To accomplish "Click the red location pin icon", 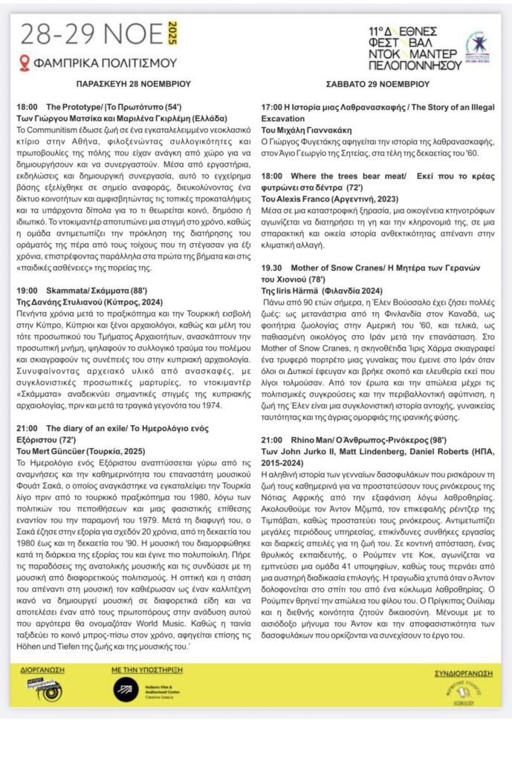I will pos(25,63).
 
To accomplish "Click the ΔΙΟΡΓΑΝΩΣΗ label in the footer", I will pos(42,670).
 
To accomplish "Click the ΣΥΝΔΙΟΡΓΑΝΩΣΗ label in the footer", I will pos(464,673).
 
